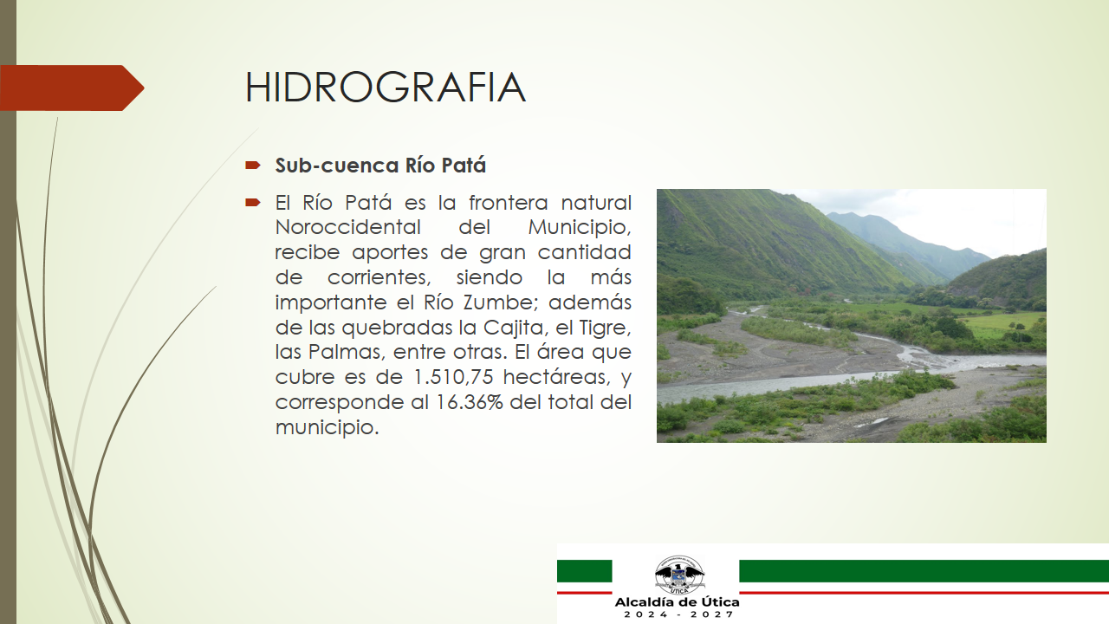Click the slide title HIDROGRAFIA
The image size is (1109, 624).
pos(386,88)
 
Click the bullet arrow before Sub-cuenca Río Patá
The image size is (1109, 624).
pos(252,165)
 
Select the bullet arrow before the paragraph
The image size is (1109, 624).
pos(252,202)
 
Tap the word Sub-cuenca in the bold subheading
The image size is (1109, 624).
pos(337,166)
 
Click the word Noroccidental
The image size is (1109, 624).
pos(347,227)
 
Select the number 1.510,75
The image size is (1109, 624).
pos(453,377)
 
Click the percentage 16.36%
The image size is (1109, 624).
pos(470,401)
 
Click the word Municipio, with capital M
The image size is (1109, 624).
pos(580,228)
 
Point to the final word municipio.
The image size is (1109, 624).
pos(327,427)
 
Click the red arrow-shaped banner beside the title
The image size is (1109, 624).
pos(72,88)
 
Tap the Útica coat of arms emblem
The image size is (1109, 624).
pos(678,575)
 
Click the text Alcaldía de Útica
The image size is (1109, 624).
pos(677,602)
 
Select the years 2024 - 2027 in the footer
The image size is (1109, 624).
pos(678,614)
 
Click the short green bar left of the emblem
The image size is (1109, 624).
pos(584,571)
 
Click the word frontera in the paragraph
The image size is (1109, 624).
pos(508,203)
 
